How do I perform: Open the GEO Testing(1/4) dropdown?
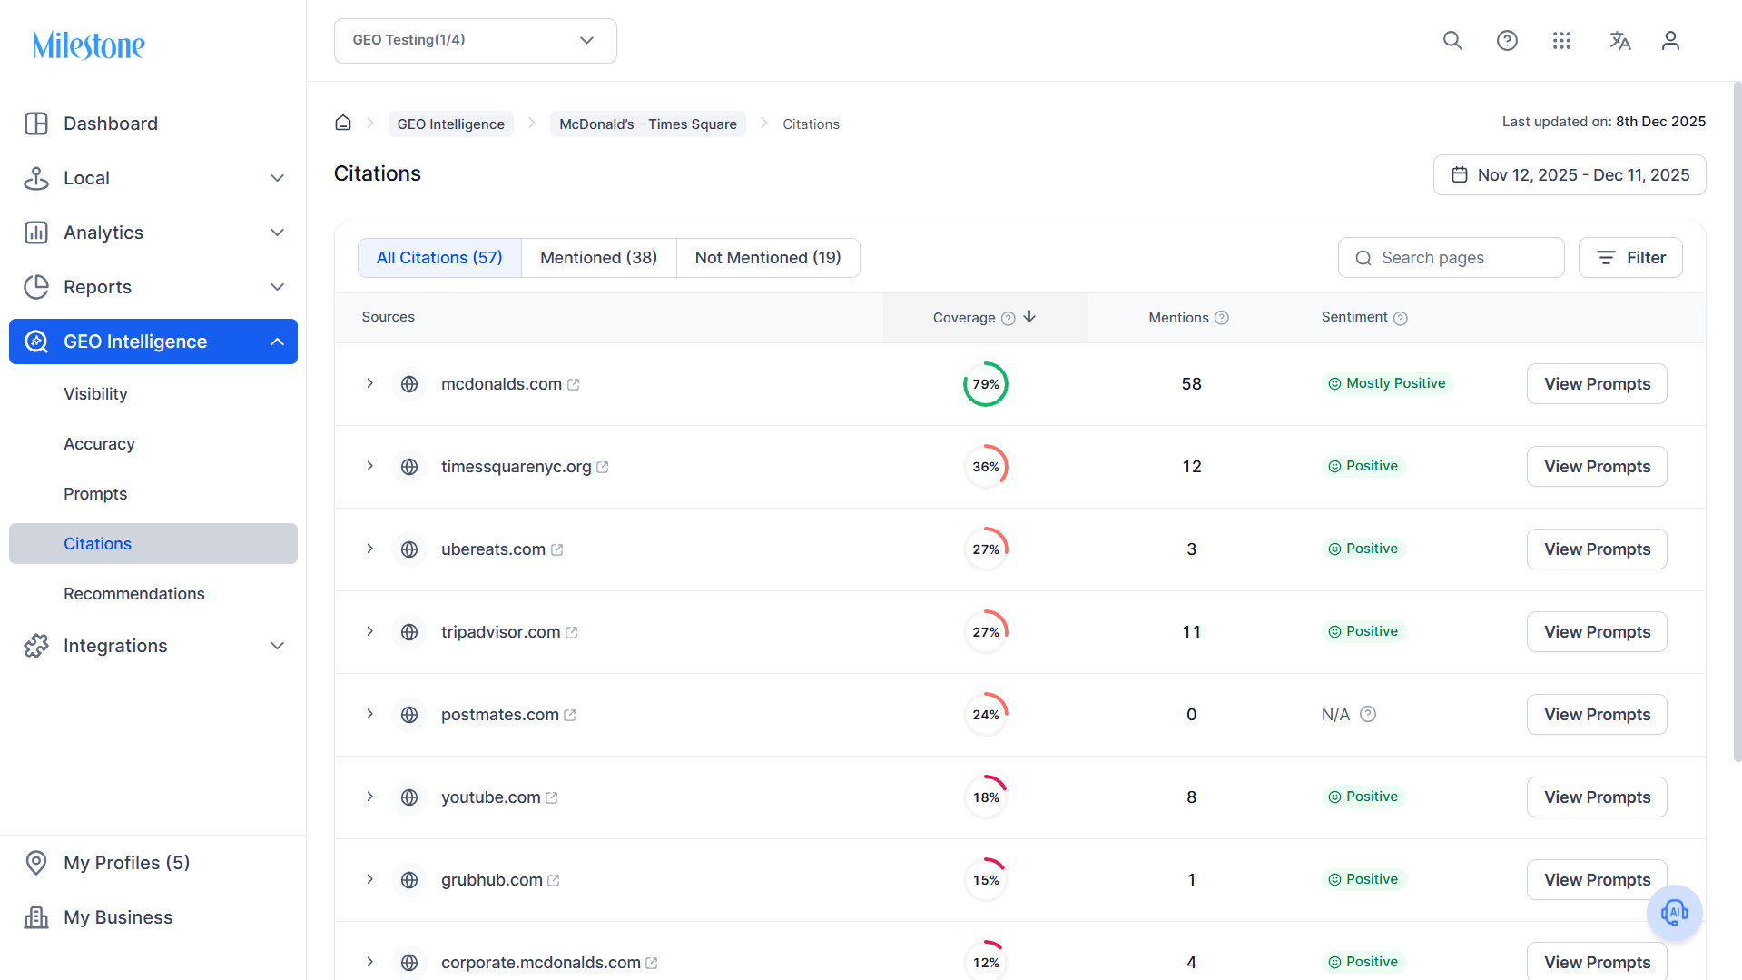coord(475,41)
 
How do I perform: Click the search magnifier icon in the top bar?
coord(1452,41)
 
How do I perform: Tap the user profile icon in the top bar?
coord(1670,41)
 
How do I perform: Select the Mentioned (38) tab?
coord(598,258)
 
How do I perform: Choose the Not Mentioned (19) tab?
coord(768,258)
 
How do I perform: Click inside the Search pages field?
coord(1451,258)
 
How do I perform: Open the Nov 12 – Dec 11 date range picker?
coord(1570,175)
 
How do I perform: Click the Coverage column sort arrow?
coord(1029,317)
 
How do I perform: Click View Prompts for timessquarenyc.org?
coord(1597,467)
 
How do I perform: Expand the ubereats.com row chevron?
coord(369,549)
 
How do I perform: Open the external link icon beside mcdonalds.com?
coord(574,385)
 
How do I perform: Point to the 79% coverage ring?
coord(986,362)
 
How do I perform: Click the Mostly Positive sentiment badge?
coord(1387,383)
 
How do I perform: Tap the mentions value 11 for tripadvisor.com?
coord(1191,632)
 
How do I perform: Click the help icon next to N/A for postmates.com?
coord(1368,714)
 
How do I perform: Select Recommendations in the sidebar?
coord(134,594)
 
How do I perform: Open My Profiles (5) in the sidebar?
coord(127,863)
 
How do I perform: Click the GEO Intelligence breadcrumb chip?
coord(450,124)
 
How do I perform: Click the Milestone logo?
coord(89,45)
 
